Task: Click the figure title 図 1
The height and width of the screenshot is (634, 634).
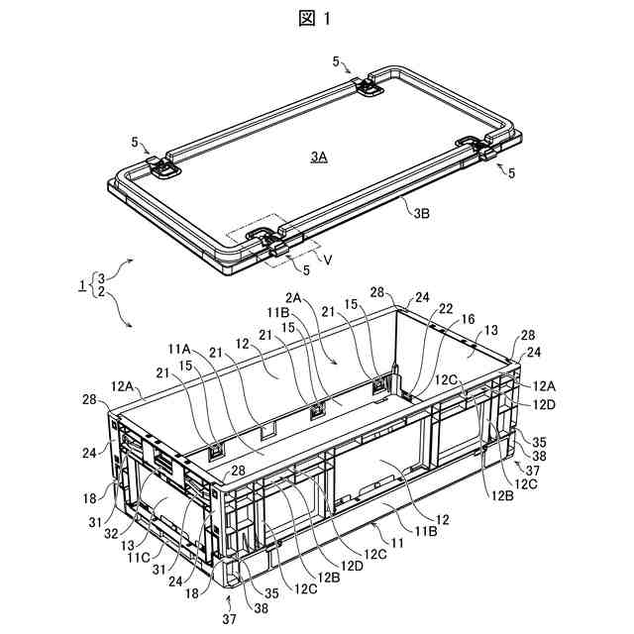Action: click(x=316, y=20)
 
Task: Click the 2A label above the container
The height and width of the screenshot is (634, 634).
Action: click(x=295, y=296)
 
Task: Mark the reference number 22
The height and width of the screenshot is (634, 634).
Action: click(x=446, y=310)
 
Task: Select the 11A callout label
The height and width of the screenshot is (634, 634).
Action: click(x=179, y=349)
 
